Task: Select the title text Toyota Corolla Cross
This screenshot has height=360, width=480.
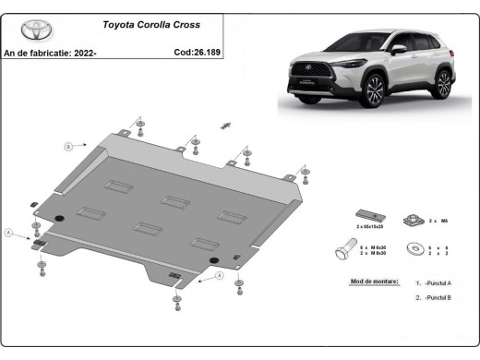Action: click(x=162, y=26)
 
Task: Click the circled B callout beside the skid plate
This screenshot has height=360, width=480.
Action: click(x=66, y=147)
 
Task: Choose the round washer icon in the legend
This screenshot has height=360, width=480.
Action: click(x=415, y=248)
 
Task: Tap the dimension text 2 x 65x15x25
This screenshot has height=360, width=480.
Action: click(x=370, y=226)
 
